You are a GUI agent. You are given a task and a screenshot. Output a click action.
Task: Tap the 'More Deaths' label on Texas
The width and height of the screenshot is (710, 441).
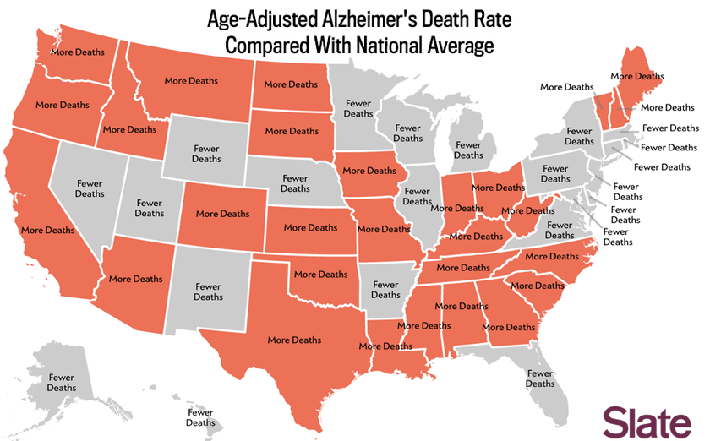294,340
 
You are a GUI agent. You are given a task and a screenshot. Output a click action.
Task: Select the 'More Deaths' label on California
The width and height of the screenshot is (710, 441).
48,230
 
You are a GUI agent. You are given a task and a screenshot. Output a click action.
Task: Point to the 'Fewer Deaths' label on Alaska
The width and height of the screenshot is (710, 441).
61,383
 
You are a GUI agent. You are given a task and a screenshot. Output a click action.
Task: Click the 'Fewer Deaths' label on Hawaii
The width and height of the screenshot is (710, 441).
200,417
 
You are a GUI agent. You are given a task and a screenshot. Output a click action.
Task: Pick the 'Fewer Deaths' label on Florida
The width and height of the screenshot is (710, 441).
540,378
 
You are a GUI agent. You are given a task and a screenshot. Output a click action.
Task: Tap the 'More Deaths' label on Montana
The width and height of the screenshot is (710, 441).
191,81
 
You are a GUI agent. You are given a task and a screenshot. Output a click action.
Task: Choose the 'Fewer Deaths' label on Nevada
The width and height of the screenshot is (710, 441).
90,188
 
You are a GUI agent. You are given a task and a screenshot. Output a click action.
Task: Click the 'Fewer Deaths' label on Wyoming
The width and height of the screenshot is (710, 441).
206,153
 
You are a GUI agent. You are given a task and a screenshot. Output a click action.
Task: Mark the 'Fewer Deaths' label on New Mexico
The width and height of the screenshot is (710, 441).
208,291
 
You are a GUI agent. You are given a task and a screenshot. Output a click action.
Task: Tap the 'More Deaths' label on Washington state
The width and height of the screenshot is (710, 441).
78,52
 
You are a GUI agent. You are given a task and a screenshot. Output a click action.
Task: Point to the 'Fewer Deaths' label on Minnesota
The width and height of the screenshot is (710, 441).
358,108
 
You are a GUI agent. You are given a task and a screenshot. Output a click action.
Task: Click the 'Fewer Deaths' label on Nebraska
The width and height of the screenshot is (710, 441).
295,183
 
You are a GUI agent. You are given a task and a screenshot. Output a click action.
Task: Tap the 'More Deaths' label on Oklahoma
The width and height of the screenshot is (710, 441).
320,274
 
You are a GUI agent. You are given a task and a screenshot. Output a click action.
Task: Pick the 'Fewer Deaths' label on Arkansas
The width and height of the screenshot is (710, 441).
385,290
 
